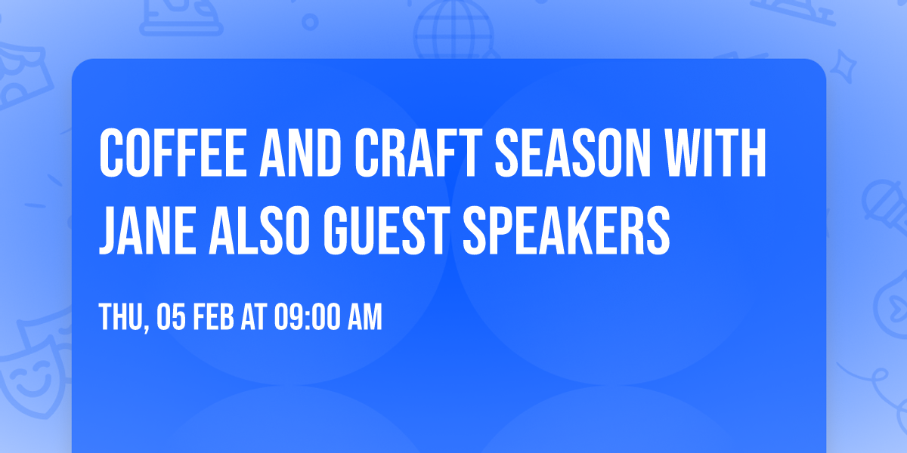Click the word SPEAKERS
click(567, 227)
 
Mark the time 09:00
click(309, 318)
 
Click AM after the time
click(364, 318)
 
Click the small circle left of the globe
click(310, 20)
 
